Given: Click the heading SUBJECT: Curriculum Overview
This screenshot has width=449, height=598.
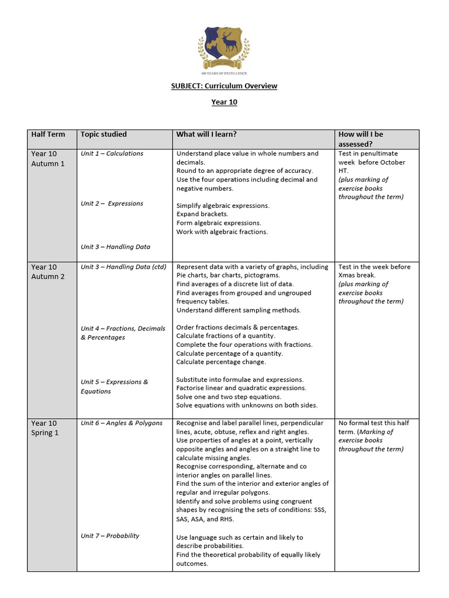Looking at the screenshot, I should tap(224, 86).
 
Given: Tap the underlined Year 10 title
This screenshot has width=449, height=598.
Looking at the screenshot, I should tap(224, 102).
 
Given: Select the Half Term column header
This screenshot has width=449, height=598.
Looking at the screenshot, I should tap(48, 134).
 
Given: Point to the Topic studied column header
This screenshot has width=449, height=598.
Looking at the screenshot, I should tap(103, 134).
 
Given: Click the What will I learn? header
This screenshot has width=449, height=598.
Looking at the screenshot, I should tap(206, 134).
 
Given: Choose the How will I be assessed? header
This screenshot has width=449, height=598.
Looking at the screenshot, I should tap(361, 139).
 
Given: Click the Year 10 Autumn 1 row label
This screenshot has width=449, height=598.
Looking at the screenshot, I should tap(49, 158).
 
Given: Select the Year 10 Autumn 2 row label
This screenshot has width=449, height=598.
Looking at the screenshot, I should tap(49, 272).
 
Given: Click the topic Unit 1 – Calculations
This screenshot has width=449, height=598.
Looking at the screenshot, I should tap(112, 154).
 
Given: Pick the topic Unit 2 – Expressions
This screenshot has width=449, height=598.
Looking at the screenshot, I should tap(112, 204).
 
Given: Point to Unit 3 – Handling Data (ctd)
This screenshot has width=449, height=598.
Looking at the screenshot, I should tap(123, 267).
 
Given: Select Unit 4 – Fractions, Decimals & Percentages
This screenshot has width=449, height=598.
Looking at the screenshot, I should tap(123, 333).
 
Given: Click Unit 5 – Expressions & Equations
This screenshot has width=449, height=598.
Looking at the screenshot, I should tap(115, 387).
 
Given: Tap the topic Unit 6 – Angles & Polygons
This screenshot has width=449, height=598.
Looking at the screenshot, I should tap(122, 423).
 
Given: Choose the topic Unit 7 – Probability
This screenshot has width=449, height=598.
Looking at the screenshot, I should tap(110, 536).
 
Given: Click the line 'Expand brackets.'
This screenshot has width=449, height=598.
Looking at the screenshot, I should tap(202, 214).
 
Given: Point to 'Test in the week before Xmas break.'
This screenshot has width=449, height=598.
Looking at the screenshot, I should tap(374, 271).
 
